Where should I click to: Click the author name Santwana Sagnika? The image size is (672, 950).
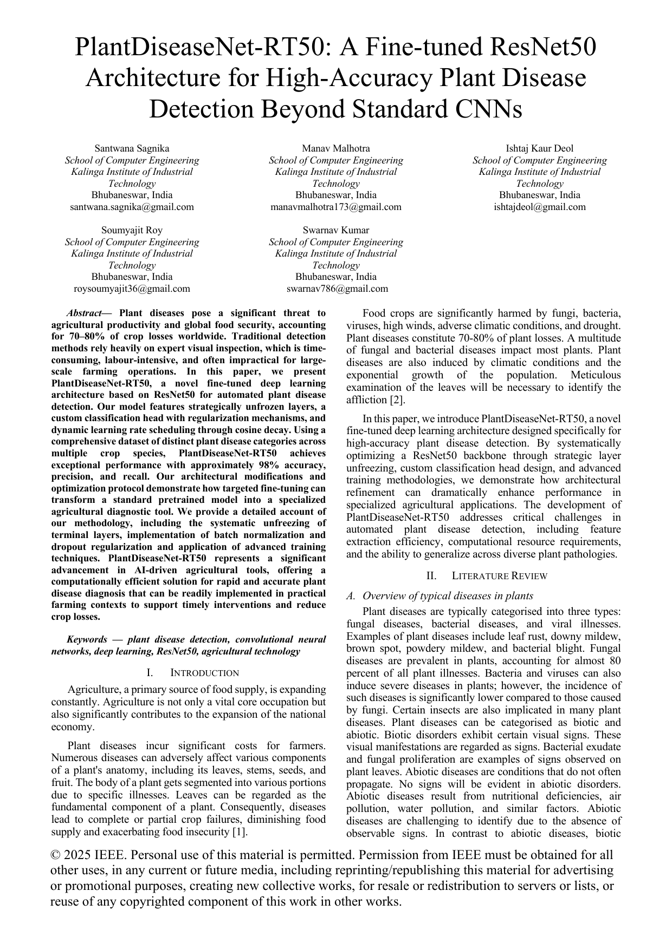[132, 148]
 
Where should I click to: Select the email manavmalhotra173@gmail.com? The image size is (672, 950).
[335, 207]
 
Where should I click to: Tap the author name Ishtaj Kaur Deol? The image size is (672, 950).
[539, 148]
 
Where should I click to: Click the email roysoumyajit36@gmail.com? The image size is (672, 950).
[132, 289]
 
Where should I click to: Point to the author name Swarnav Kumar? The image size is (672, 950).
[335, 230]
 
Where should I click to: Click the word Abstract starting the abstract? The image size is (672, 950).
[83, 313]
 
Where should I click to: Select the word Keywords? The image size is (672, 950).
[87, 640]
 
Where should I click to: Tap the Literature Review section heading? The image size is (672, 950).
[499, 576]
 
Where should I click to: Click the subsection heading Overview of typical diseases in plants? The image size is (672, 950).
[447, 596]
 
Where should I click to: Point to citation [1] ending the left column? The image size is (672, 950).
[240, 832]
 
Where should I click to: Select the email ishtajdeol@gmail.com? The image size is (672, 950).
[539, 207]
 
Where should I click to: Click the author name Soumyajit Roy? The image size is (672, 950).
[132, 230]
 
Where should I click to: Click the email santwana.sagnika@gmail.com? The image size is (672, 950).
[132, 207]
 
